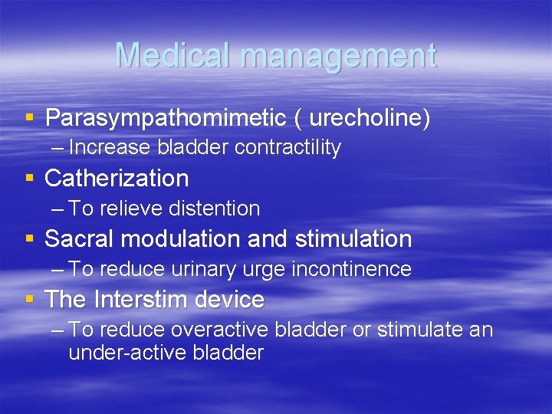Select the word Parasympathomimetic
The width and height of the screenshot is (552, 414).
coord(165,118)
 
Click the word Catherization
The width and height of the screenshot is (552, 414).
coord(117,179)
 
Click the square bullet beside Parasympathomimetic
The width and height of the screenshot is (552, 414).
coord(30,119)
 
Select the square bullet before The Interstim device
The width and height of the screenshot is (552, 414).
coord(30,300)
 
